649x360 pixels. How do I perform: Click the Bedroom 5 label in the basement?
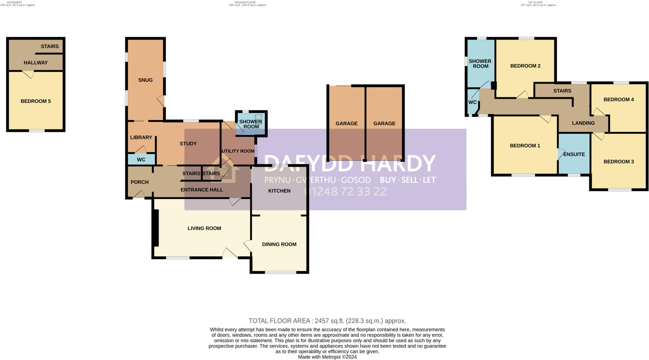pos(35,101)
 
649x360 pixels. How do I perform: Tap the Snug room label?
pos(145,80)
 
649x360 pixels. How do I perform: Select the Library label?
pos(141,137)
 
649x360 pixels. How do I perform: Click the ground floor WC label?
pos(141,159)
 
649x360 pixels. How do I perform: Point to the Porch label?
pos(139,182)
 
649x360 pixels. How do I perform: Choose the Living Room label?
pos(204,228)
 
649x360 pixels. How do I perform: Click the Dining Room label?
pos(279,244)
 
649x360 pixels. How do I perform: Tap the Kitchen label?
pos(279,191)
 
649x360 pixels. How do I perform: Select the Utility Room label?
pos(238,151)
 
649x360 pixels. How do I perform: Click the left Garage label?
pos(346,123)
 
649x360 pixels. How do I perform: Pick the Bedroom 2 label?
pos(525,66)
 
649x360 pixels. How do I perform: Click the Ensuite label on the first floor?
pos(574,154)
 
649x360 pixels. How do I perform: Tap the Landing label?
pos(583,123)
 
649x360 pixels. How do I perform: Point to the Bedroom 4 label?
pos(619,100)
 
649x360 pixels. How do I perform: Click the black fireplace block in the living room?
pos(155,228)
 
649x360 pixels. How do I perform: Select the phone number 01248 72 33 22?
pos(345,191)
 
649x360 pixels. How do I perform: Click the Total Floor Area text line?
pos(327,321)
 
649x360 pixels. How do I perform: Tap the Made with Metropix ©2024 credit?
pos(327,357)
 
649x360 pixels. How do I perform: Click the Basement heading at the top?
pos(15,2)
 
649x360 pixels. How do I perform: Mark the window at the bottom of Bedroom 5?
pos(37,131)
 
